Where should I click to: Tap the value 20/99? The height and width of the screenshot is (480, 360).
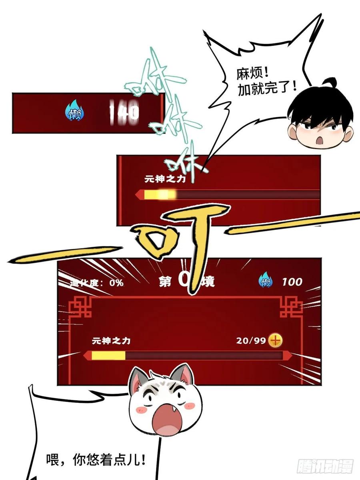(x=251, y=341)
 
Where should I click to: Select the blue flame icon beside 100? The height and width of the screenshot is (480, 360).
(x=266, y=282)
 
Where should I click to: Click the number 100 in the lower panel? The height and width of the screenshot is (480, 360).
(x=292, y=282)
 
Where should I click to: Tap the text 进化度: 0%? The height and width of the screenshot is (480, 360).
(x=98, y=283)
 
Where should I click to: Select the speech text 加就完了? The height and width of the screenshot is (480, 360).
(x=267, y=87)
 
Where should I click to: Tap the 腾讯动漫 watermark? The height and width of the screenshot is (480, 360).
(x=324, y=466)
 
